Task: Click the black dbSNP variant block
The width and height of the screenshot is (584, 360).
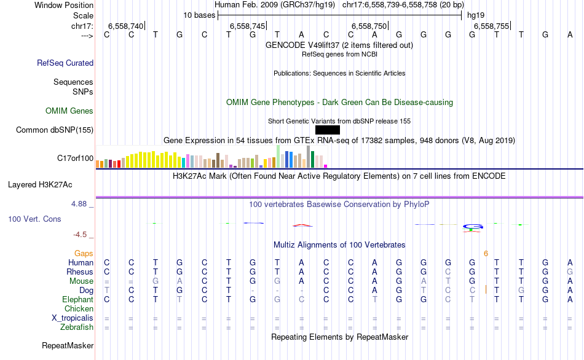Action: [327, 130]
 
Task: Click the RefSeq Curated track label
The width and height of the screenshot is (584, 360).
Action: [65, 63]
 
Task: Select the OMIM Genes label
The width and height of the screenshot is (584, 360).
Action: [69, 111]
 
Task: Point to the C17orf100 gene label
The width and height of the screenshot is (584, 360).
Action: [75, 158]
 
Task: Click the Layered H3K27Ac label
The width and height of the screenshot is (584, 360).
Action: [40, 184]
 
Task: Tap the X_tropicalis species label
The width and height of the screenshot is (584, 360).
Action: [73, 318]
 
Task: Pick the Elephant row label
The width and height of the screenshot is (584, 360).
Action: [77, 299]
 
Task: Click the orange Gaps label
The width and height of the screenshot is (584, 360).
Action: [84, 253]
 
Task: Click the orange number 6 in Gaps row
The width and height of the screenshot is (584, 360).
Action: [486, 253]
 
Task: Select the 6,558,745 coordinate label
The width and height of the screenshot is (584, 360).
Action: [247, 26]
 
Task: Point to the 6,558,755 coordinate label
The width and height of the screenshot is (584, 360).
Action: [492, 26]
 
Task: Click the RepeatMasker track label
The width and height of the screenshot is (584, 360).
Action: [67, 346]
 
